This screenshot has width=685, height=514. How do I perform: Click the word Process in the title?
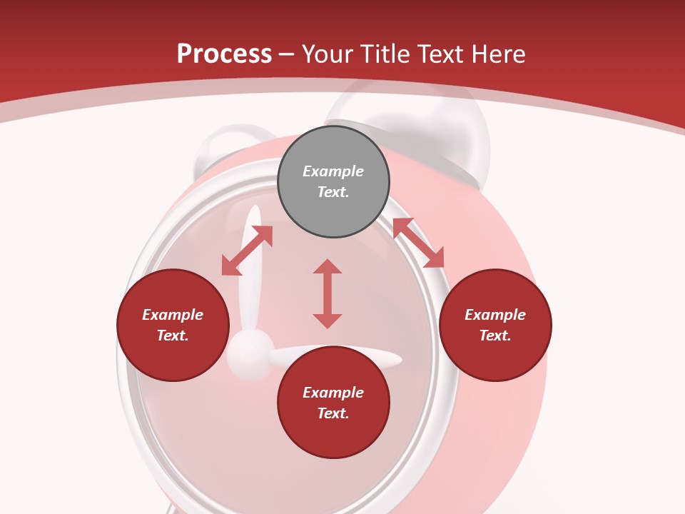[224, 54]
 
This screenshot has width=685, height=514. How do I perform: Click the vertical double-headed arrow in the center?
[328, 293]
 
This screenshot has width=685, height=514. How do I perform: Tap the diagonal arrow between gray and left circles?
[247, 251]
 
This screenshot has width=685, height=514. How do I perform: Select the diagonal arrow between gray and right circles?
[418, 243]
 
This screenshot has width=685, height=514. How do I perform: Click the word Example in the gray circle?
[333, 171]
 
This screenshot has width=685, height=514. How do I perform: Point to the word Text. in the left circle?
[173, 336]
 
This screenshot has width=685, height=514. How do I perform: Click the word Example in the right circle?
[495, 315]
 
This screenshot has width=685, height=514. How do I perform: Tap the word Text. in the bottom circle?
[333, 413]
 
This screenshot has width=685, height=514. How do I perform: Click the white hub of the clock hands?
[250, 351]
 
